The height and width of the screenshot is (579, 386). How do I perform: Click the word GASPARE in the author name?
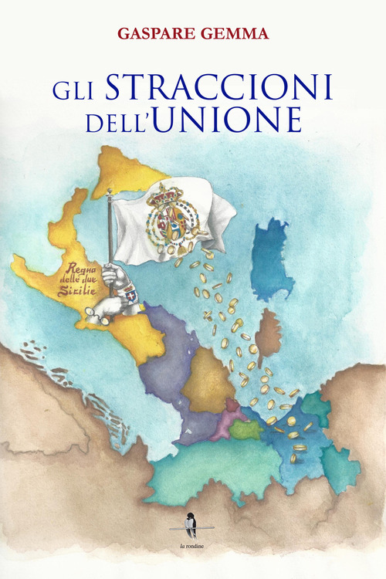152,34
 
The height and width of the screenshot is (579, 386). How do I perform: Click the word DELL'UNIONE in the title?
192,122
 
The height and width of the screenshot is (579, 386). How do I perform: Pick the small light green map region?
246,428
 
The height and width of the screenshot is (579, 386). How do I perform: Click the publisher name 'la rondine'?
192,547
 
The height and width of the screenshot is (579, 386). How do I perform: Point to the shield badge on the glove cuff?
131,295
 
